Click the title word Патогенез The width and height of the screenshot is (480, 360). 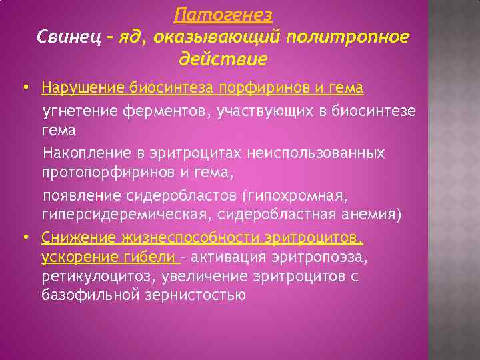pos(223,15)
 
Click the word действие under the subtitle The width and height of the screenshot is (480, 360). pos(223,59)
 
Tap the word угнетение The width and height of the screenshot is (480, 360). pos(79,110)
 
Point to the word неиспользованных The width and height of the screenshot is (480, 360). pos(316,153)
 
